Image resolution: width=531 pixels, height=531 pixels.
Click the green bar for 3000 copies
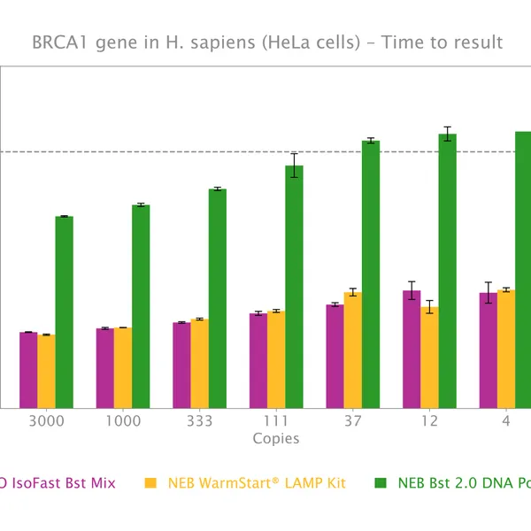(64, 312)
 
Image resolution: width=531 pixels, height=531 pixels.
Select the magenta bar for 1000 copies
(105, 368)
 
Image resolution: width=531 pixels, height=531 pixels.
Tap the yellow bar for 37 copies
(352, 350)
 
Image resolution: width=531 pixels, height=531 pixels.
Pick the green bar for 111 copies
(294, 287)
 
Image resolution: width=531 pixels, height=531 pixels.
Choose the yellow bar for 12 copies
(429, 358)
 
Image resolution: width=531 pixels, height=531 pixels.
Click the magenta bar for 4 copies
(488, 350)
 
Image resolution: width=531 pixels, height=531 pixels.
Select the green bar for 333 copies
(218, 298)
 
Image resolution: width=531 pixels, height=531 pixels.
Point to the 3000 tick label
(46, 421)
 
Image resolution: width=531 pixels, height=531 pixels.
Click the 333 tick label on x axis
(199, 421)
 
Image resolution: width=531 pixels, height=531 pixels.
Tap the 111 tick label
(276, 421)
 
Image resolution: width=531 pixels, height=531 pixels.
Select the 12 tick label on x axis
(429, 421)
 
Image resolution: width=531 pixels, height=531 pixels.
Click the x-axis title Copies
(276, 439)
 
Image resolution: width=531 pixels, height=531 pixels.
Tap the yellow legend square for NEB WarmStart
(150, 483)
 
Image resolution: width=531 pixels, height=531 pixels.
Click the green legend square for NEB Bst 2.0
(381, 483)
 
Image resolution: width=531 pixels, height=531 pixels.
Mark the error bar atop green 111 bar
(294, 165)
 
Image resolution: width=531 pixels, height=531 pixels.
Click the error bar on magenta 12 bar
(412, 290)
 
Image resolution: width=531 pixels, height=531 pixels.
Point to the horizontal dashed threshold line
(177, 151)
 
